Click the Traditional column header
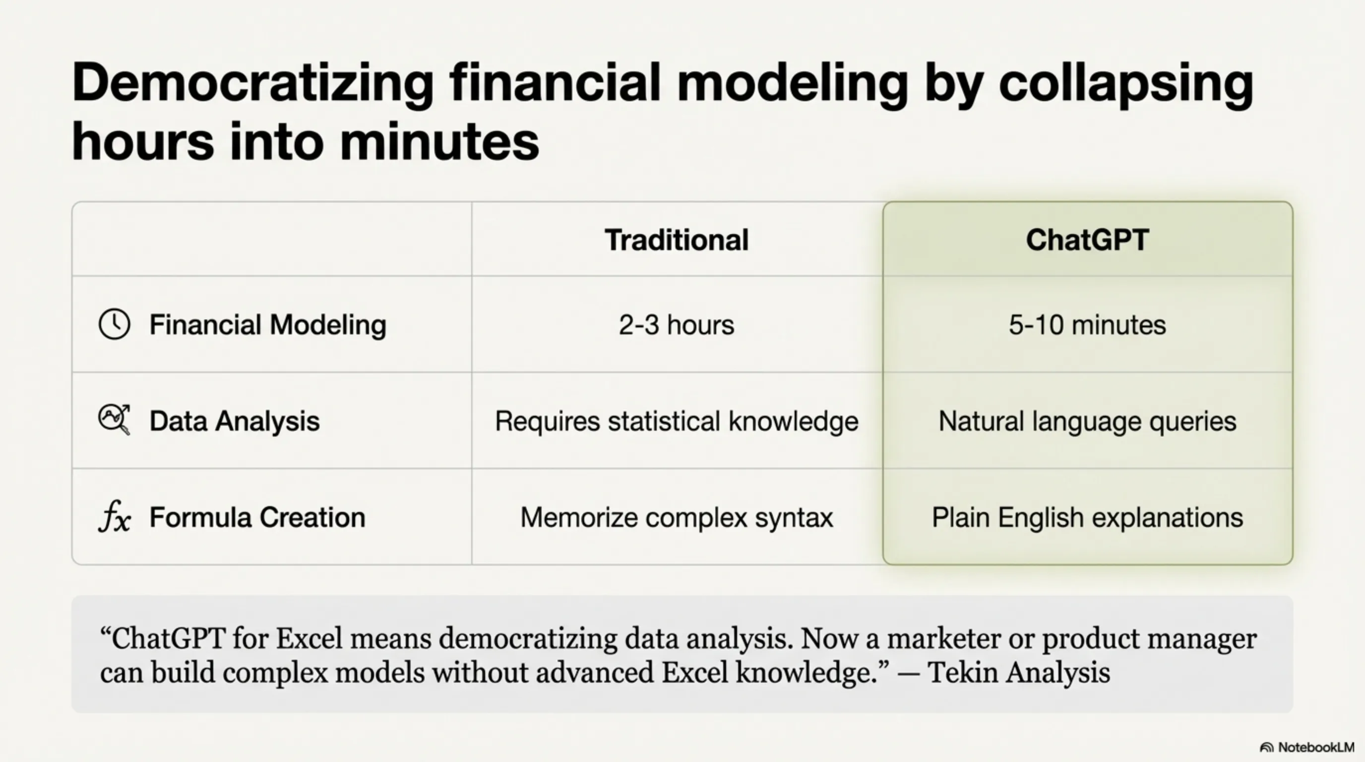(677, 240)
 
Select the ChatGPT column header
(1087, 240)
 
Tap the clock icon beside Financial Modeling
(115, 324)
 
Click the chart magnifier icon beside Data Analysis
(115, 420)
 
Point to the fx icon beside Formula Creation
(115, 516)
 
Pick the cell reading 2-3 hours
(677, 325)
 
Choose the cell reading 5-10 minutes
(1087, 325)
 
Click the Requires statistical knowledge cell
(677, 422)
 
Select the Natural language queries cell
(1087, 422)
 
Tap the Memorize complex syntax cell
(677, 518)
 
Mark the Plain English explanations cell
(1087, 518)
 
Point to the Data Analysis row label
(234, 422)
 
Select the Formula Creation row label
(257, 517)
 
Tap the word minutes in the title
(439, 141)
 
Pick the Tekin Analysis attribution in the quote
(1018, 672)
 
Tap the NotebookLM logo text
(1316, 747)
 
